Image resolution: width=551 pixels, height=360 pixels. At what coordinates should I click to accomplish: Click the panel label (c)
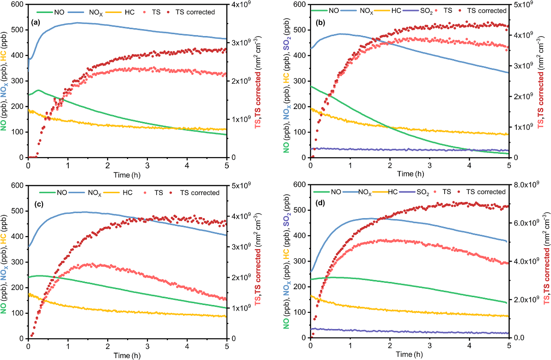point(37,204)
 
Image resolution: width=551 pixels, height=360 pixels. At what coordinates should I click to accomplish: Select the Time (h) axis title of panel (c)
point(128,355)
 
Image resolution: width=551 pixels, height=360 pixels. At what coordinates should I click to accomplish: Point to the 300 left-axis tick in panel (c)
point(19,262)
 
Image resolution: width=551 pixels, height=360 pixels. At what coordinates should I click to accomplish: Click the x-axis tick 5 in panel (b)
point(508,165)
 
